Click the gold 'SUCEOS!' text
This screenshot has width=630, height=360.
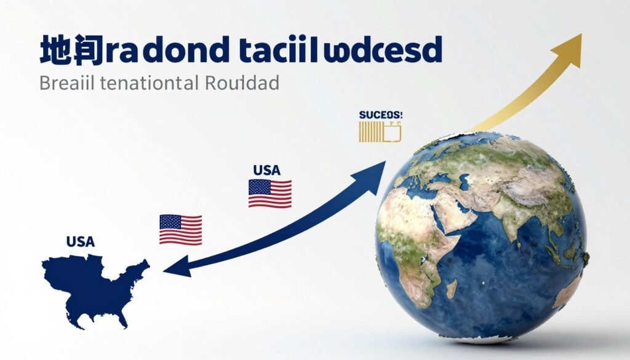click(x=380, y=115)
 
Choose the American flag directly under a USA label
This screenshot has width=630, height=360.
click(x=269, y=193)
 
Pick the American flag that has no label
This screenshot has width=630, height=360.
click(x=180, y=228)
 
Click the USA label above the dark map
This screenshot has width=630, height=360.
click(x=81, y=241)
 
